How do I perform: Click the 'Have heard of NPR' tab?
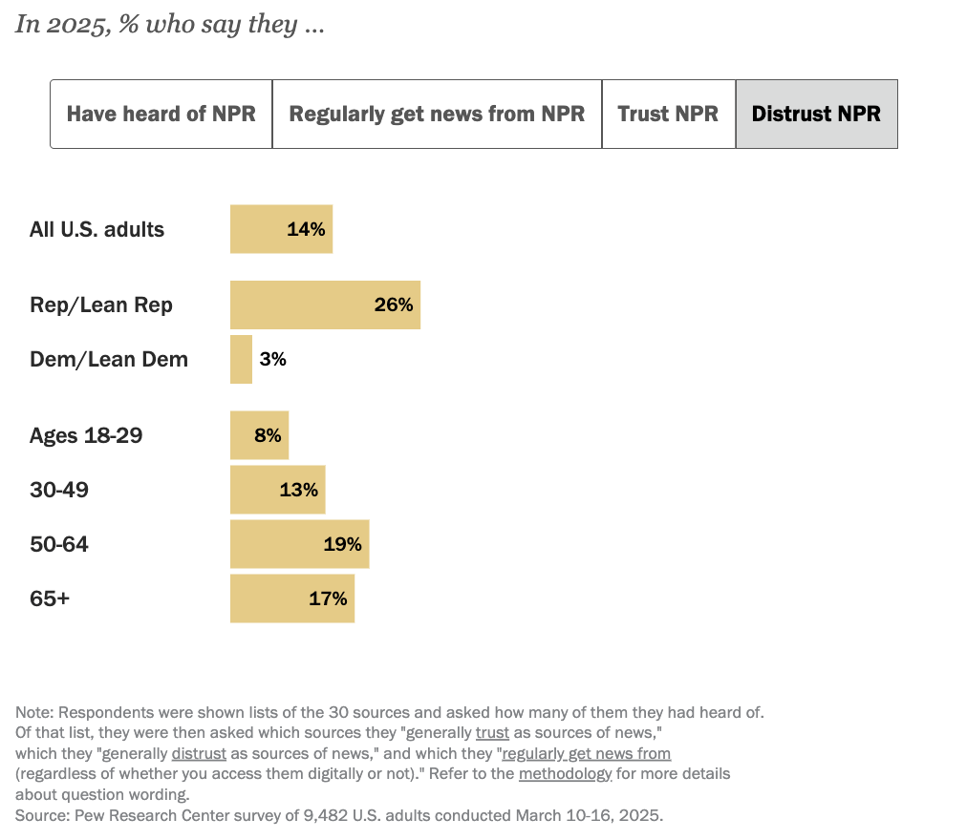click(161, 114)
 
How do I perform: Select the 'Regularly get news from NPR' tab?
click(437, 114)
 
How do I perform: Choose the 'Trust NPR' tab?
click(668, 114)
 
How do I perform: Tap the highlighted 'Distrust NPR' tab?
click(816, 114)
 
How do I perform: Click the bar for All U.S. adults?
click(281, 229)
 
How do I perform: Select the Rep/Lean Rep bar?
click(325, 305)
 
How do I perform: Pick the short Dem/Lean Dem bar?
click(241, 359)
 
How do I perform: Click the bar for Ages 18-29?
click(259, 435)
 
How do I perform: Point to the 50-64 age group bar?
click(299, 544)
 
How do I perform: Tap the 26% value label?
click(394, 305)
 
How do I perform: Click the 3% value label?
click(272, 359)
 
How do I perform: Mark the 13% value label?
click(299, 490)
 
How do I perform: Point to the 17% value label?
click(328, 598)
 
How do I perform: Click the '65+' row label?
click(50, 598)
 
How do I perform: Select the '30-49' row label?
click(59, 490)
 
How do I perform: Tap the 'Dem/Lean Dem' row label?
click(109, 359)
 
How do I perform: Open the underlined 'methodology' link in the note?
click(565, 773)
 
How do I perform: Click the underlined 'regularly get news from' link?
click(586, 753)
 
